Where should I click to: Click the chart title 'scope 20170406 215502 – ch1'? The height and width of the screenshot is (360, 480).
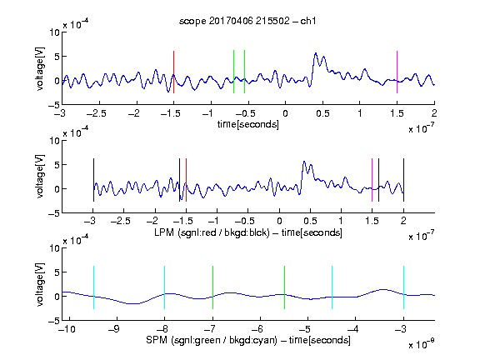point(247,21)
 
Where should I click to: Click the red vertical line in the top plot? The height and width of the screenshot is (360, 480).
point(173,72)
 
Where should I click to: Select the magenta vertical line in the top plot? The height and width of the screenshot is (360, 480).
point(397,72)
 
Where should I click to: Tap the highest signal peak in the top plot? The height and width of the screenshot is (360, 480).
point(316,54)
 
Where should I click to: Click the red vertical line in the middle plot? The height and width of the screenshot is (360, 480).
point(186,180)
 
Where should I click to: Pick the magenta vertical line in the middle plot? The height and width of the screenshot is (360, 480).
point(372,180)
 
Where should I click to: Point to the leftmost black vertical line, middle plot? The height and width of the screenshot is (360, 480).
point(93,180)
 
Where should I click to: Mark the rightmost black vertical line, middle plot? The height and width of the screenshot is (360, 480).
point(403,180)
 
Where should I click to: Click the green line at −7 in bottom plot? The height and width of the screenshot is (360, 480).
point(212,287)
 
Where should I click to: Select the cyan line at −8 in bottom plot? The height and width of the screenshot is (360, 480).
point(164,287)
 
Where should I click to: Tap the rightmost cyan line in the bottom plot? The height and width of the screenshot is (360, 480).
point(403,287)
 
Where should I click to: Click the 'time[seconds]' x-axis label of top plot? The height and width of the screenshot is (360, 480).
point(248,124)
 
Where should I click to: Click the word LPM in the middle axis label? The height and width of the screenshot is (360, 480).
point(164,232)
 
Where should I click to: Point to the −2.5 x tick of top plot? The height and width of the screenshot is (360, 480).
point(97,113)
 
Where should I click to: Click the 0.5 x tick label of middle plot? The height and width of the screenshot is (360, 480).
point(310,221)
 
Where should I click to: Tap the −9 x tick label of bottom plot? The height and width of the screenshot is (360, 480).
point(113,329)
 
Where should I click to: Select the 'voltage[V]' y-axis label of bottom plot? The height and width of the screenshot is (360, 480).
point(40,284)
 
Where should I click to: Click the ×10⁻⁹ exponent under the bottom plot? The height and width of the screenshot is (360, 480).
point(421,344)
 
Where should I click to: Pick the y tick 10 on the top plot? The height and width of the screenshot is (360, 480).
point(55,32)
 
